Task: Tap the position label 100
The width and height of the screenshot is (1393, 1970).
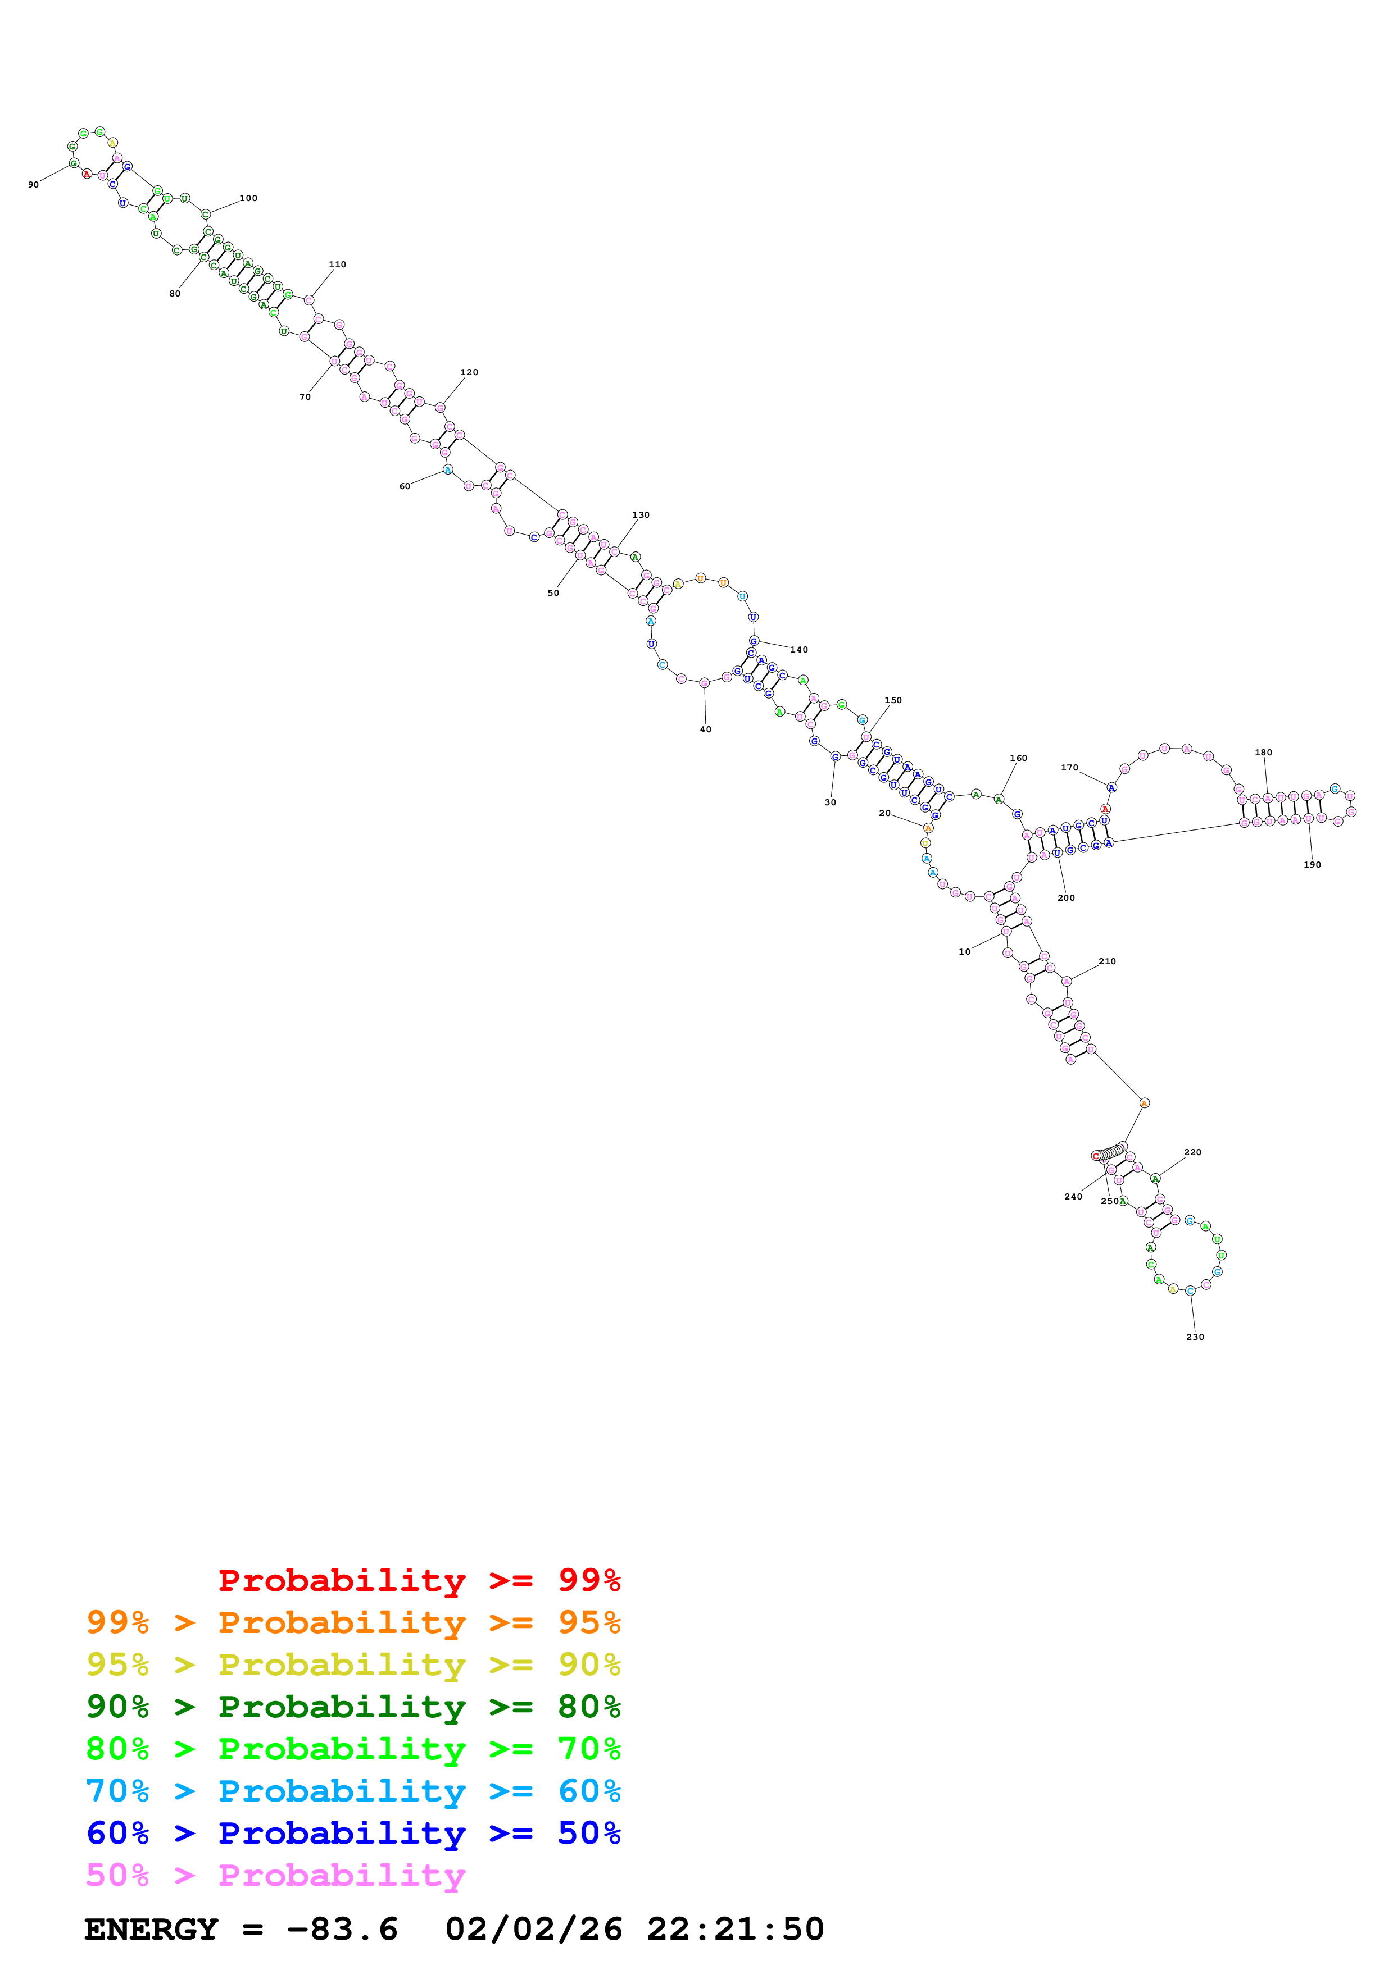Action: click(248, 198)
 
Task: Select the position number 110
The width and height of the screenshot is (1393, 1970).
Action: click(337, 265)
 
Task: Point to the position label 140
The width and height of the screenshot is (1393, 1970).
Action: click(799, 650)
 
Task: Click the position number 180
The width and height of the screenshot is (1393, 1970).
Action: click(1263, 753)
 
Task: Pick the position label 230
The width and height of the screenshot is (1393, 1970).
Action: click(1195, 1337)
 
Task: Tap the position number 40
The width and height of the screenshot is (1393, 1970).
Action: click(706, 729)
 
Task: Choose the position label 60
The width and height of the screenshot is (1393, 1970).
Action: click(404, 486)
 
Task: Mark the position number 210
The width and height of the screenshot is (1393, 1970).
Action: click(1107, 961)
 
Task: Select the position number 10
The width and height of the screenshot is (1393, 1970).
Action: click(964, 951)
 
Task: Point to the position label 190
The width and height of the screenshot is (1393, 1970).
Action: click(1312, 865)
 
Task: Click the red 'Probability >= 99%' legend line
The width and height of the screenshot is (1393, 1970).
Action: click(419, 1580)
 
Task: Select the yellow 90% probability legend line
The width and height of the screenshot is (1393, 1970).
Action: click(353, 1664)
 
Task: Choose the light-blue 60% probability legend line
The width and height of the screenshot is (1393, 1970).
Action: click(353, 1791)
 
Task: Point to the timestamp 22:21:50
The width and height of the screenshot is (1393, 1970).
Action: click(734, 1930)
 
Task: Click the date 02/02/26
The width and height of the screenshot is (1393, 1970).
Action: click(533, 1930)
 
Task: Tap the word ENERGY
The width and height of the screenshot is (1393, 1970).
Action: click(151, 1930)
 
